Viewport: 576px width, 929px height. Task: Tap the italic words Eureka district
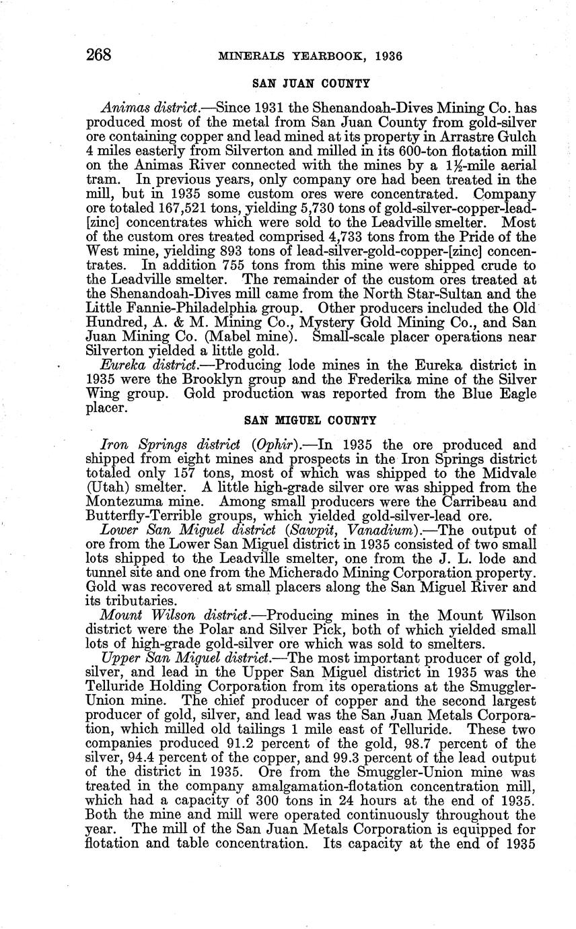(x=140, y=366)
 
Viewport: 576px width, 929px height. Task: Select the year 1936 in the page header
(x=385, y=56)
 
